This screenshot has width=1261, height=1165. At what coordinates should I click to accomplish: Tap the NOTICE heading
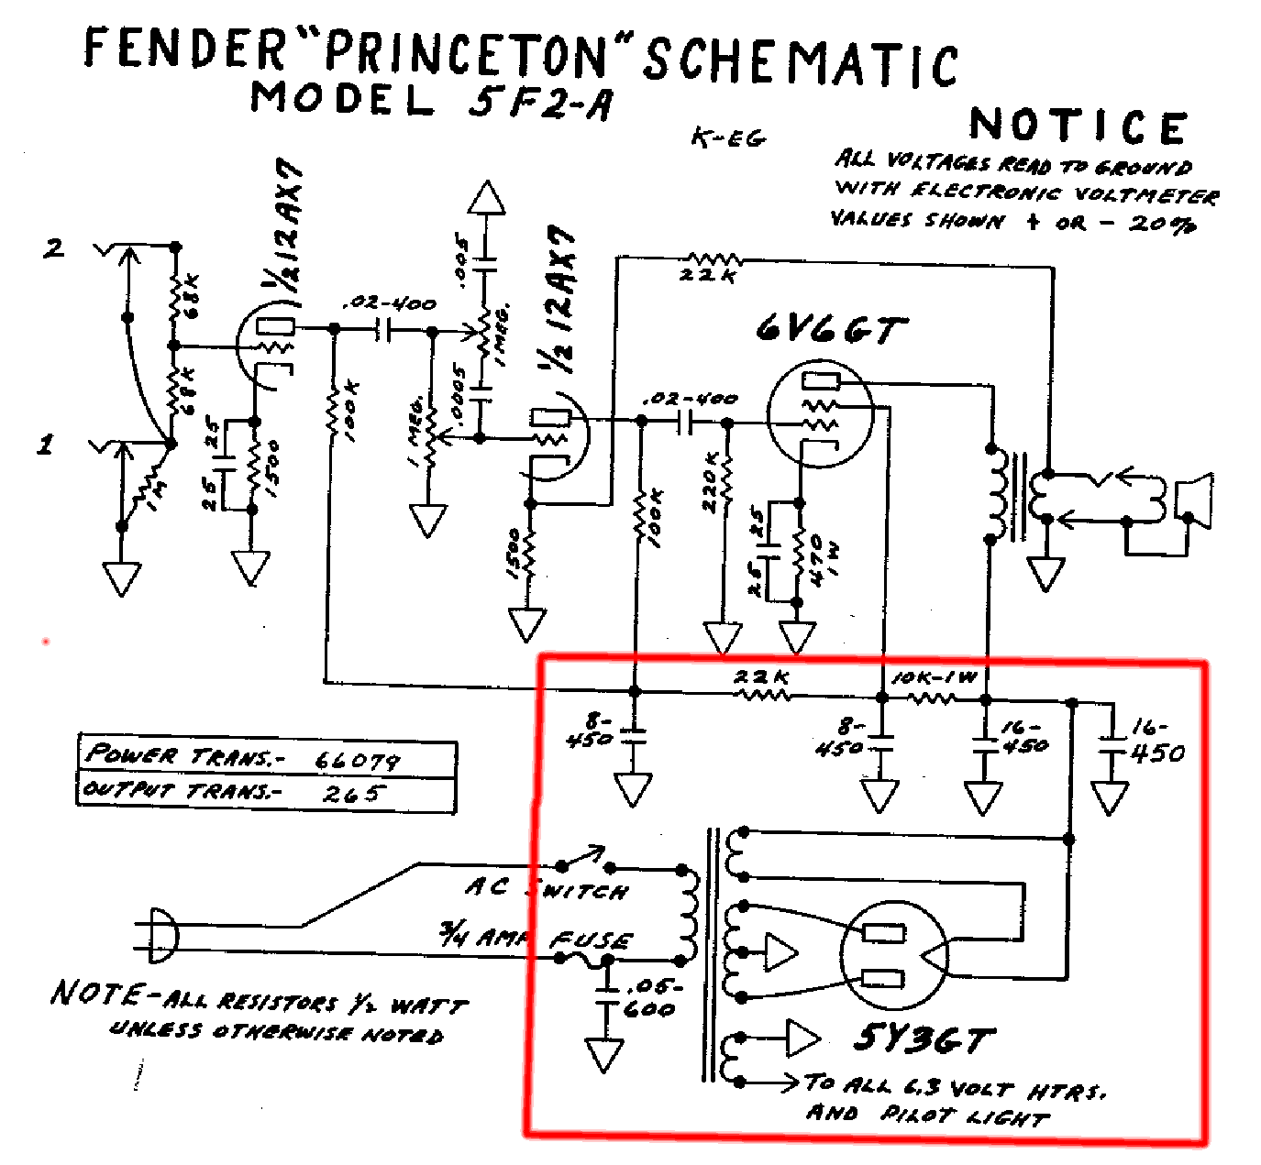click(x=1078, y=126)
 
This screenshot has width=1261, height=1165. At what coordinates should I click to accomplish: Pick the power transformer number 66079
click(x=357, y=761)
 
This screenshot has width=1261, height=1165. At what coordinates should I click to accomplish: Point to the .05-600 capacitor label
click(x=651, y=998)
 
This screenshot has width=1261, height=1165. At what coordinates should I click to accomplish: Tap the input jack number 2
click(x=54, y=247)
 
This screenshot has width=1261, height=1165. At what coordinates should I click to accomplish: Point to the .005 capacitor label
click(x=461, y=259)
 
